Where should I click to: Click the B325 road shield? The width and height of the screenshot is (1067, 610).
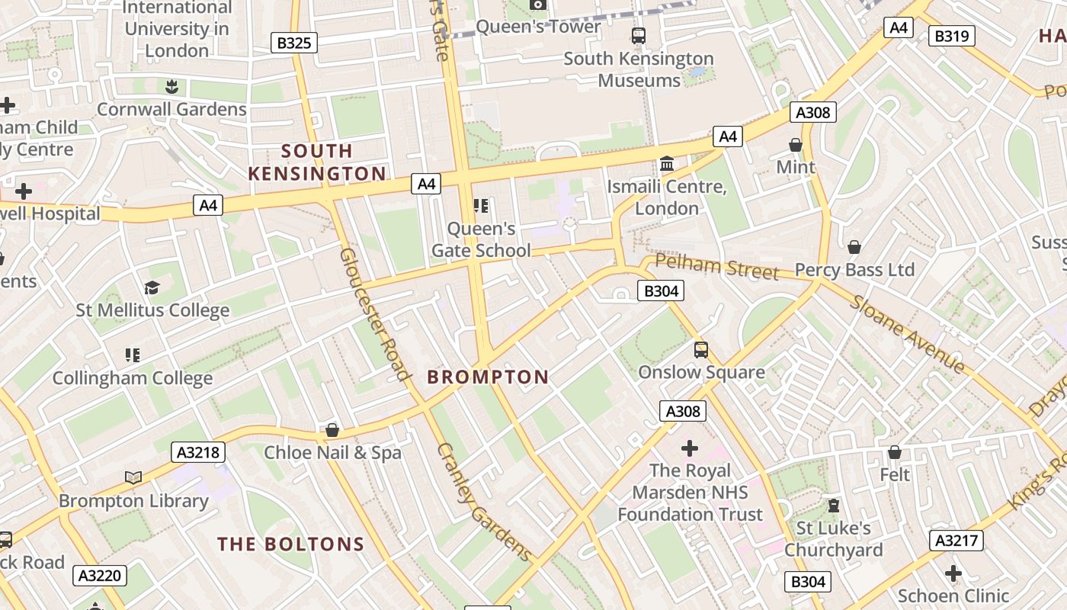click(x=293, y=43)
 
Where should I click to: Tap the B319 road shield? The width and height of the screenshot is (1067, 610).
click(x=951, y=36)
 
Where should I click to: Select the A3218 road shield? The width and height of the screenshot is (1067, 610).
click(x=198, y=452)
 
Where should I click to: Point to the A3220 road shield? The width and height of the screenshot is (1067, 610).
click(x=100, y=575)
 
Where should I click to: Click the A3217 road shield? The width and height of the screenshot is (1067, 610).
click(x=956, y=541)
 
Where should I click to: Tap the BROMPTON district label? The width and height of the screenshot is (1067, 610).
click(x=488, y=377)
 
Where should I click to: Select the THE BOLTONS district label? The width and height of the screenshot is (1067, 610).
click(x=291, y=544)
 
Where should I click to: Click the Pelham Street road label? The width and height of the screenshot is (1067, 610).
click(x=716, y=268)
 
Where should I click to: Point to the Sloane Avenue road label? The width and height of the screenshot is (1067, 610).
click(x=907, y=332)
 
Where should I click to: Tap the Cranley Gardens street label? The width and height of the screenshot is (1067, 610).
click(x=483, y=500)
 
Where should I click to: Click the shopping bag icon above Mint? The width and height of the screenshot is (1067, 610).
click(x=796, y=144)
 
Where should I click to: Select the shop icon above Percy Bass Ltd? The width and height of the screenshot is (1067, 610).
click(x=854, y=247)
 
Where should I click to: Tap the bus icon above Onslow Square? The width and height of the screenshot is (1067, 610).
click(x=701, y=350)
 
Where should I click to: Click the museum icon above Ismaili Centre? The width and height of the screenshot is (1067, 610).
click(x=667, y=164)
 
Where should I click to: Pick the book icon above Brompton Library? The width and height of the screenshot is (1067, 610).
click(x=133, y=478)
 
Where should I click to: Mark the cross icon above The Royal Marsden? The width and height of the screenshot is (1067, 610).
click(x=690, y=448)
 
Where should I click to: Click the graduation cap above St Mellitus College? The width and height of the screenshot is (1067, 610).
click(x=152, y=287)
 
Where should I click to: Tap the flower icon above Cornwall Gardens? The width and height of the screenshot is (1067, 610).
click(x=171, y=86)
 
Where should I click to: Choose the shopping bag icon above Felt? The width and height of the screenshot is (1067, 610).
click(x=895, y=452)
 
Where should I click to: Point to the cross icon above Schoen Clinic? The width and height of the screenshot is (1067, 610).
click(x=953, y=573)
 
